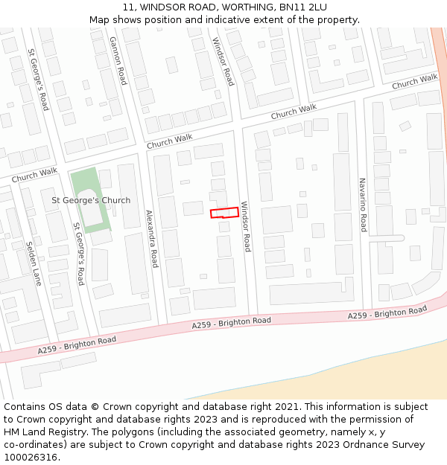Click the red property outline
(224, 213)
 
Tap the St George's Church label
(91, 200)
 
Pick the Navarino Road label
(363, 205)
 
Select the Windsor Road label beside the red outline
(246, 227)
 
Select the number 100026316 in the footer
(30, 458)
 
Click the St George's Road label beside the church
(78, 253)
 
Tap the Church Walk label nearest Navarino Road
(414, 81)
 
